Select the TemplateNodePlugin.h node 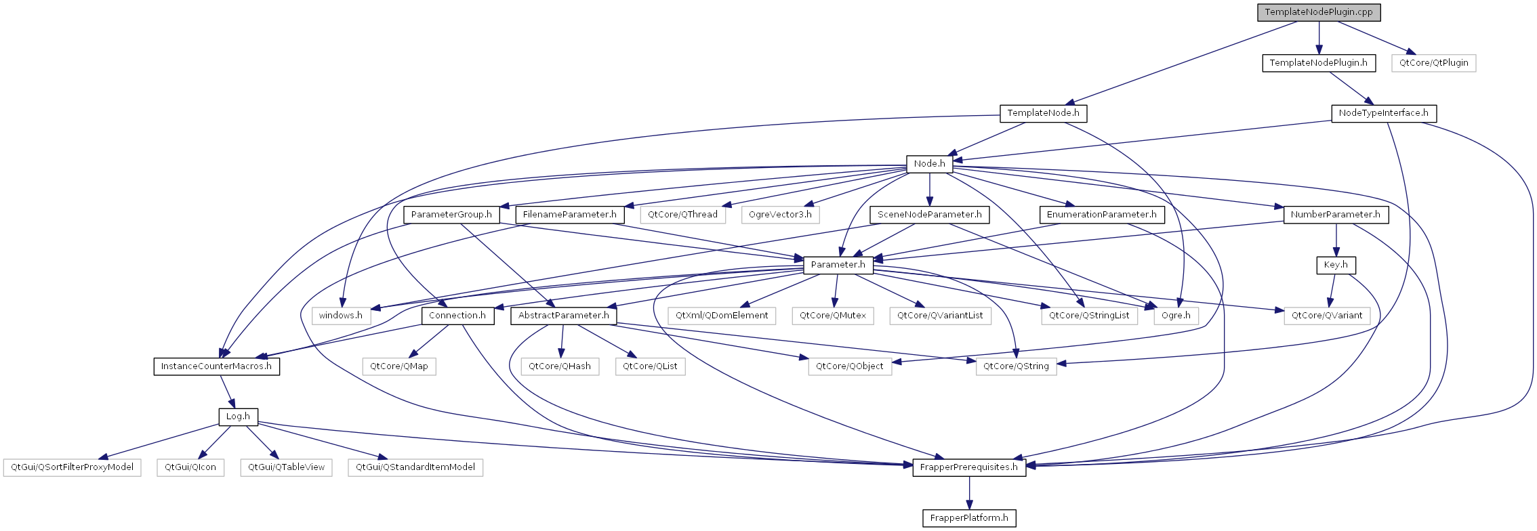[1318, 63]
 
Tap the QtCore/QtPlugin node [1433, 63]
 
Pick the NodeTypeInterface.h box [1383, 113]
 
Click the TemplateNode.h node [1043, 113]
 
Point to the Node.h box [929, 164]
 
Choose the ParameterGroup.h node [451, 215]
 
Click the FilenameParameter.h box [569, 215]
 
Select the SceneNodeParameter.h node [929, 215]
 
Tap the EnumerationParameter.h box [1101, 215]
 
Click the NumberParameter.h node [1335, 215]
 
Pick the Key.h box [1336, 265]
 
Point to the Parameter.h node [838, 265]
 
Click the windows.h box [341, 316]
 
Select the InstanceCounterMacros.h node [216, 366]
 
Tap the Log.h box [238, 417]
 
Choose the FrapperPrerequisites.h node [968, 467]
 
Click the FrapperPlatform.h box [968, 518]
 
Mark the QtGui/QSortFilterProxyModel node [72, 467]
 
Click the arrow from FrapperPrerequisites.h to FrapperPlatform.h [969, 493]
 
